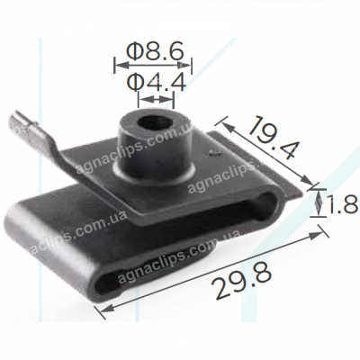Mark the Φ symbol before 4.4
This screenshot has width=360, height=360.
(135, 84)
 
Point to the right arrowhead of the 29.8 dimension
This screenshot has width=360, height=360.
(318, 234)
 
